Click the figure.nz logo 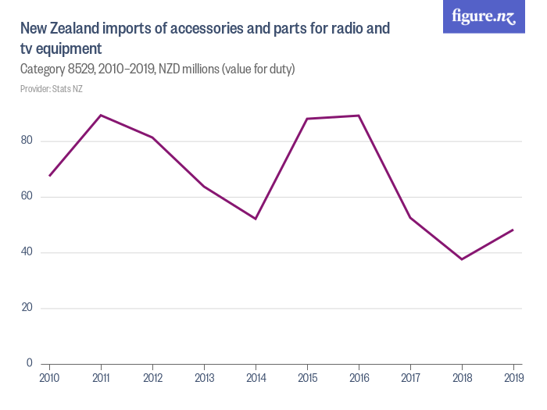coord(484,17)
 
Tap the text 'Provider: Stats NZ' coord(52,89)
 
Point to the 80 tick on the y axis coord(27,141)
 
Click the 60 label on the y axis coord(27,196)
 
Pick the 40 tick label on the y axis coord(27,252)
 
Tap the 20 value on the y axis coord(27,308)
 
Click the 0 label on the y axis coord(30,363)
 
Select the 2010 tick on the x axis coord(49,378)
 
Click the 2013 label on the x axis coord(204,378)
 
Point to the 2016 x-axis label coord(359,378)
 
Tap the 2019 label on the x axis coord(513,378)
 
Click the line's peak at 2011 coord(101,115)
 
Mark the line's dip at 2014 coord(256,219)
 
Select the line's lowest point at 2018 coord(462,259)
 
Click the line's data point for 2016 coord(359,116)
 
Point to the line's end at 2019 coord(513,230)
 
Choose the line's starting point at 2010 coord(49,176)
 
